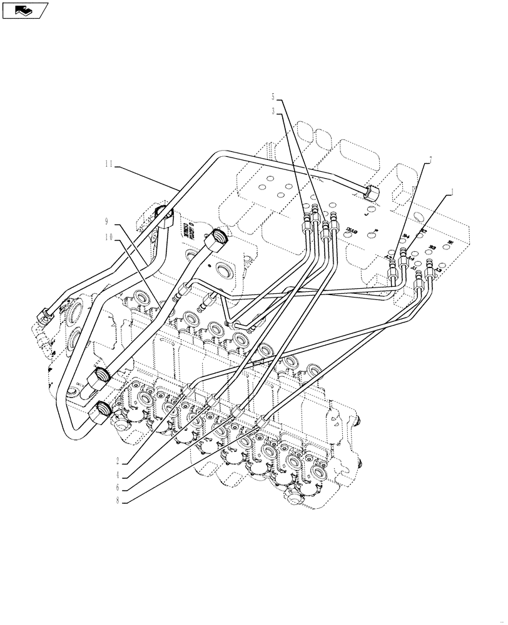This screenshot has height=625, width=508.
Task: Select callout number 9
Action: [107, 222]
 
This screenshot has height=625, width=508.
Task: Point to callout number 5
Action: [273, 97]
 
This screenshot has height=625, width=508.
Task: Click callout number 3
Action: [273, 111]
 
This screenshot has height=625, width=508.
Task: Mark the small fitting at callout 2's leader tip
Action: [188, 390]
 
